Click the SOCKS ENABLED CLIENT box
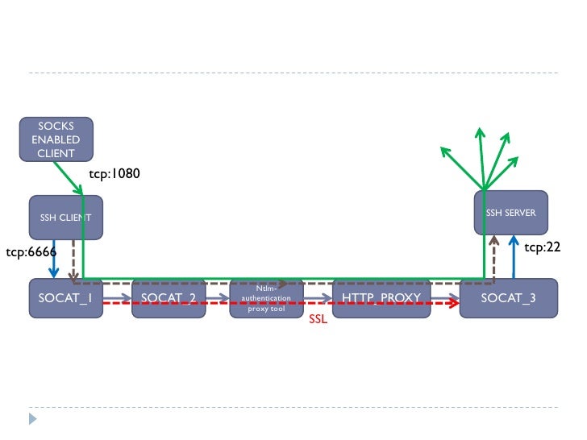click(x=56, y=139)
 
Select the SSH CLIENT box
click(x=66, y=217)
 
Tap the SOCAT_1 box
click(x=65, y=299)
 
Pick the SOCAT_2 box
click(x=169, y=299)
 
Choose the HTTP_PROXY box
click(x=381, y=299)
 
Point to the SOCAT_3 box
click(x=508, y=299)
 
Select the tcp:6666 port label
click(x=31, y=252)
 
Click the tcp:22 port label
click(x=542, y=247)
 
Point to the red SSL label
click(x=318, y=320)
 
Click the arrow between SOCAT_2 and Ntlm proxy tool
click(x=218, y=297)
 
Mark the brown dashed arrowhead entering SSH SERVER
click(x=493, y=241)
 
